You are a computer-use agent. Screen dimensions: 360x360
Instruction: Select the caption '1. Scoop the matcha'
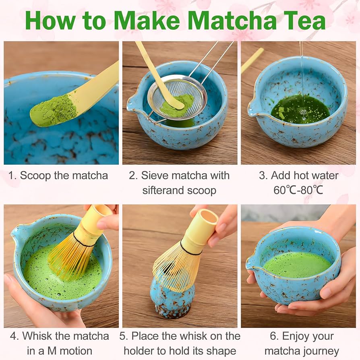[x=58, y=176]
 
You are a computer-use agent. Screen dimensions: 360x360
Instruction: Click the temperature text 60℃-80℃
[x=298, y=190]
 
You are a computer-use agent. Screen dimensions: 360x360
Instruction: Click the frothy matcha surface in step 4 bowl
[x=44, y=274]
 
